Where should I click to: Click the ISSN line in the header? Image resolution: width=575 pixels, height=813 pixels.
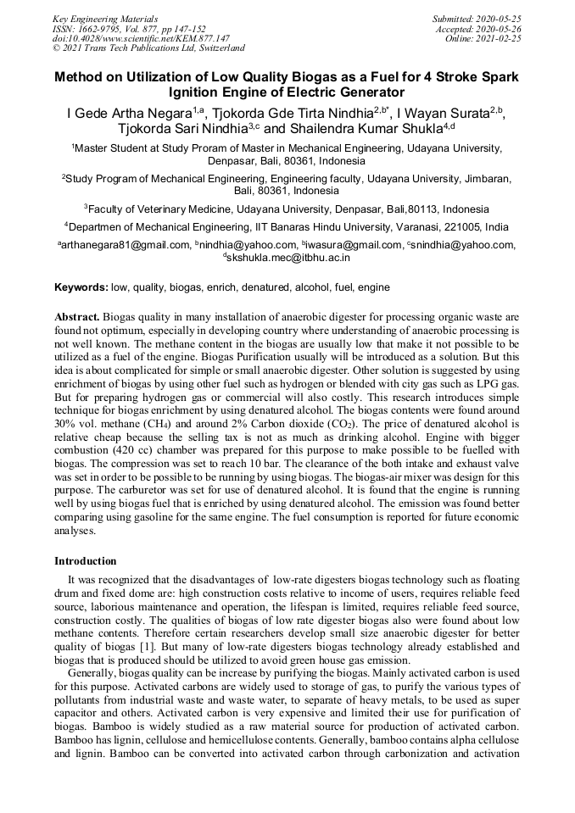pyautogui.click(x=129, y=27)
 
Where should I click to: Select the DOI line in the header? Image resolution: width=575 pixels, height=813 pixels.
pyautogui.click(x=141, y=38)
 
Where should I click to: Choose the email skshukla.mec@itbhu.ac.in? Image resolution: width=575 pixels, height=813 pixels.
pyautogui.click(x=289, y=257)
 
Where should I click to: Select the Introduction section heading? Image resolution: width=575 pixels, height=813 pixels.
pyautogui.click(x=86, y=561)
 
